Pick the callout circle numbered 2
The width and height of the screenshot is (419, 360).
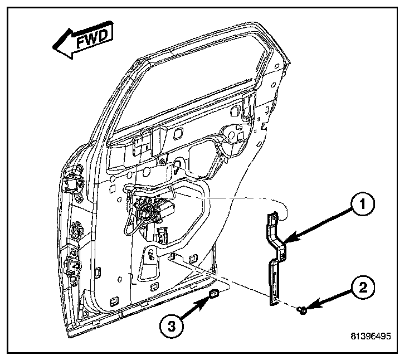(x=362, y=288)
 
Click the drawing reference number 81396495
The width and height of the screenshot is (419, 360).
(x=370, y=337)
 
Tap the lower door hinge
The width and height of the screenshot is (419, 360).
(x=72, y=266)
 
